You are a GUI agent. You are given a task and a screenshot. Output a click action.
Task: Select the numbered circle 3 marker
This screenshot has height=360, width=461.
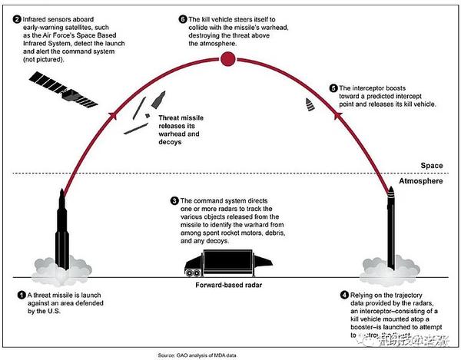(x=174, y=200)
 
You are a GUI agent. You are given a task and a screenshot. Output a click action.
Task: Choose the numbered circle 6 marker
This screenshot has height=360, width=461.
(x=182, y=16)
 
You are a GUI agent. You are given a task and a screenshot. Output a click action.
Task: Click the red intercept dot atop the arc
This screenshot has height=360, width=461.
(x=226, y=59)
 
